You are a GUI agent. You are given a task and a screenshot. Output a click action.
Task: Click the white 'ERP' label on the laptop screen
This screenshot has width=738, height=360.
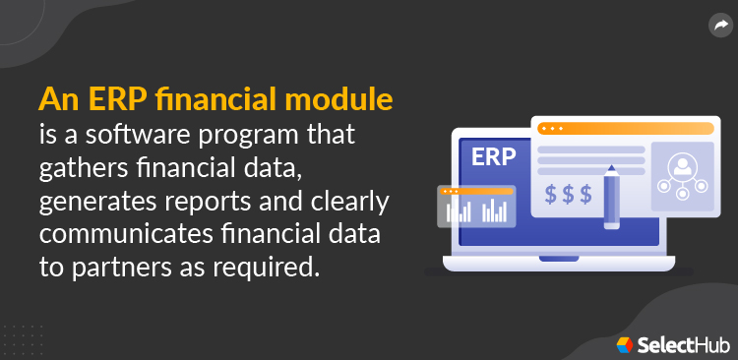pos(494,156)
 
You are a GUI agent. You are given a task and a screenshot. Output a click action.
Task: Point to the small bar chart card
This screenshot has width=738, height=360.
pos(477,206)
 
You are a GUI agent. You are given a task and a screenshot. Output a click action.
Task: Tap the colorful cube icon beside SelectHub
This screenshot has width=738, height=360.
pos(626,344)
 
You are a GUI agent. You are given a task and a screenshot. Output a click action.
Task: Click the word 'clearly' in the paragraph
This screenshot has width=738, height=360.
pos(345,202)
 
